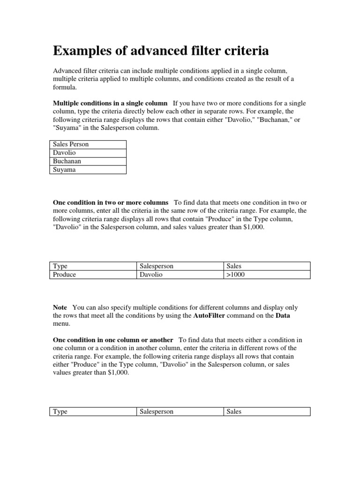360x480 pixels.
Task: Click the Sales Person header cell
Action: (x=88, y=144)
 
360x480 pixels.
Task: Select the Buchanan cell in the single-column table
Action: (x=88, y=161)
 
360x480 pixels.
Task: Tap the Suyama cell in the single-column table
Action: (x=88, y=170)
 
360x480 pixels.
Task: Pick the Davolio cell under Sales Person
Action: (x=88, y=153)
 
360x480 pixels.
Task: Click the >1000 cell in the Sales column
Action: (x=267, y=275)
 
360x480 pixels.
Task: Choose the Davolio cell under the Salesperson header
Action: (x=180, y=275)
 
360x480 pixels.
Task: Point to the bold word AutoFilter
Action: (x=210, y=316)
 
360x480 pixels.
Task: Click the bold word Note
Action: (x=60, y=307)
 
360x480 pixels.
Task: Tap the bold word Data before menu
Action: (x=283, y=316)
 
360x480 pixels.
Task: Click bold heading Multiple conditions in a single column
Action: (x=110, y=103)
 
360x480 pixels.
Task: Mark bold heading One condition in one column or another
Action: (x=113, y=339)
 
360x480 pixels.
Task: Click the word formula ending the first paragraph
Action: (x=64, y=87)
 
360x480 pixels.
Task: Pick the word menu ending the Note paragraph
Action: (x=61, y=324)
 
